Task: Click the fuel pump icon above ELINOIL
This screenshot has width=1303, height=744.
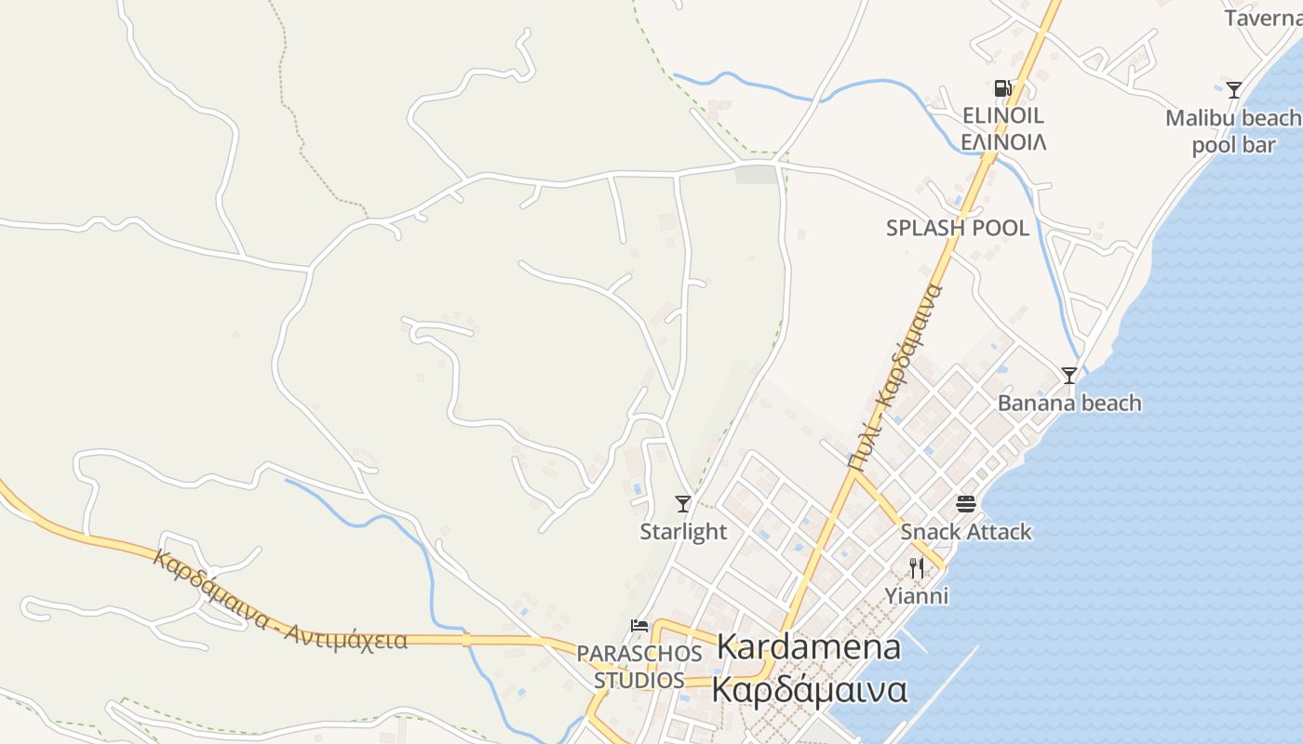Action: tap(1002, 88)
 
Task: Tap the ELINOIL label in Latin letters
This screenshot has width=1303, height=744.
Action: tap(1003, 116)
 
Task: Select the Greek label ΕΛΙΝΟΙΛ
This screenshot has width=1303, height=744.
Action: tap(1003, 142)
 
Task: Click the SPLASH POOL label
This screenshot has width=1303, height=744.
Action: tap(958, 228)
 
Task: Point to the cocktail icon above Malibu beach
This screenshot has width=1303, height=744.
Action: tap(1234, 90)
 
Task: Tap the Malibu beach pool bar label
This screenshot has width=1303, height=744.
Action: tap(1234, 131)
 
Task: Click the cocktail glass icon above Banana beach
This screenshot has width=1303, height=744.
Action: tap(1069, 376)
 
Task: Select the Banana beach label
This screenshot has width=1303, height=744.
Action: tap(1069, 403)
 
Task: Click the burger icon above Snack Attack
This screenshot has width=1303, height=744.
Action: tap(966, 504)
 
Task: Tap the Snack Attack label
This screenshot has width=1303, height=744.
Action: tap(966, 532)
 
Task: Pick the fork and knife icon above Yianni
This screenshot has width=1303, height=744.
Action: tap(917, 567)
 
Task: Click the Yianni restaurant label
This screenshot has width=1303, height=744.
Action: tap(917, 595)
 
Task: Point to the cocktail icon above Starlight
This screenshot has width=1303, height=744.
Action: tap(683, 504)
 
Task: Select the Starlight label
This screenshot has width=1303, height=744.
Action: tap(683, 531)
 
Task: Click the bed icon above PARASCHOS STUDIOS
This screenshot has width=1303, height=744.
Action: tap(639, 625)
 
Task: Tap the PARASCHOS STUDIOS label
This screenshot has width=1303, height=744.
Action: tap(639, 667)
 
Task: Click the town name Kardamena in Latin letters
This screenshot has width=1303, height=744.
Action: tap(809, 647)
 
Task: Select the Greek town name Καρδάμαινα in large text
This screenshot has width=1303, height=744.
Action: tap(809, 690)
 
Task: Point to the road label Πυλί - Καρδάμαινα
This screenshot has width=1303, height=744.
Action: tap(894, 377)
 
